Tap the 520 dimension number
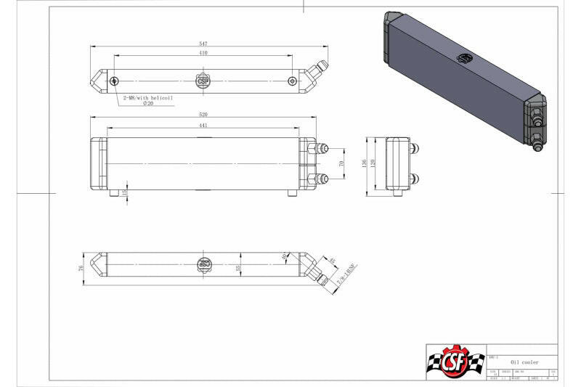(x=203, y=114)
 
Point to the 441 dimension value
(x=203, y=125)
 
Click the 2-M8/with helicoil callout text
(x=148, y=97)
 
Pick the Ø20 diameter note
(x=148, y=104)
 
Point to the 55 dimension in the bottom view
(x=238, y=268)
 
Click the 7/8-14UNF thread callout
(x=338, y=277)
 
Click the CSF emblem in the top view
(x=203, y=81)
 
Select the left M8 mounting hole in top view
(x=115, y=81)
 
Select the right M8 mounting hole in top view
(x=292, y=81)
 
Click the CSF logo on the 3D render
(x=463, y=58)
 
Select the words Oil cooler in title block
(x=524, y=362)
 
